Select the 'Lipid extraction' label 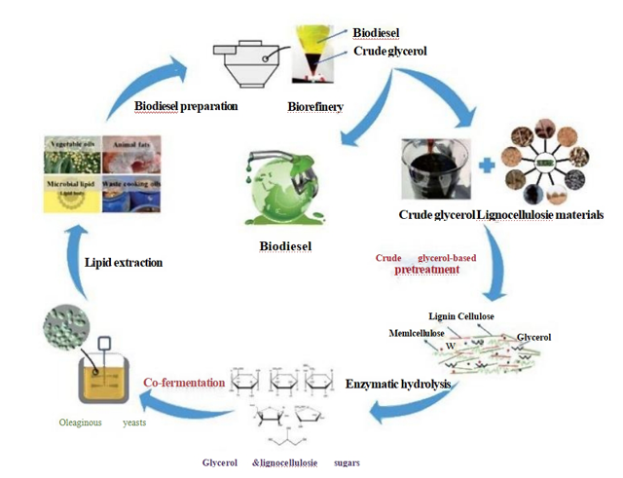124,263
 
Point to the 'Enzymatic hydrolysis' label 398,385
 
